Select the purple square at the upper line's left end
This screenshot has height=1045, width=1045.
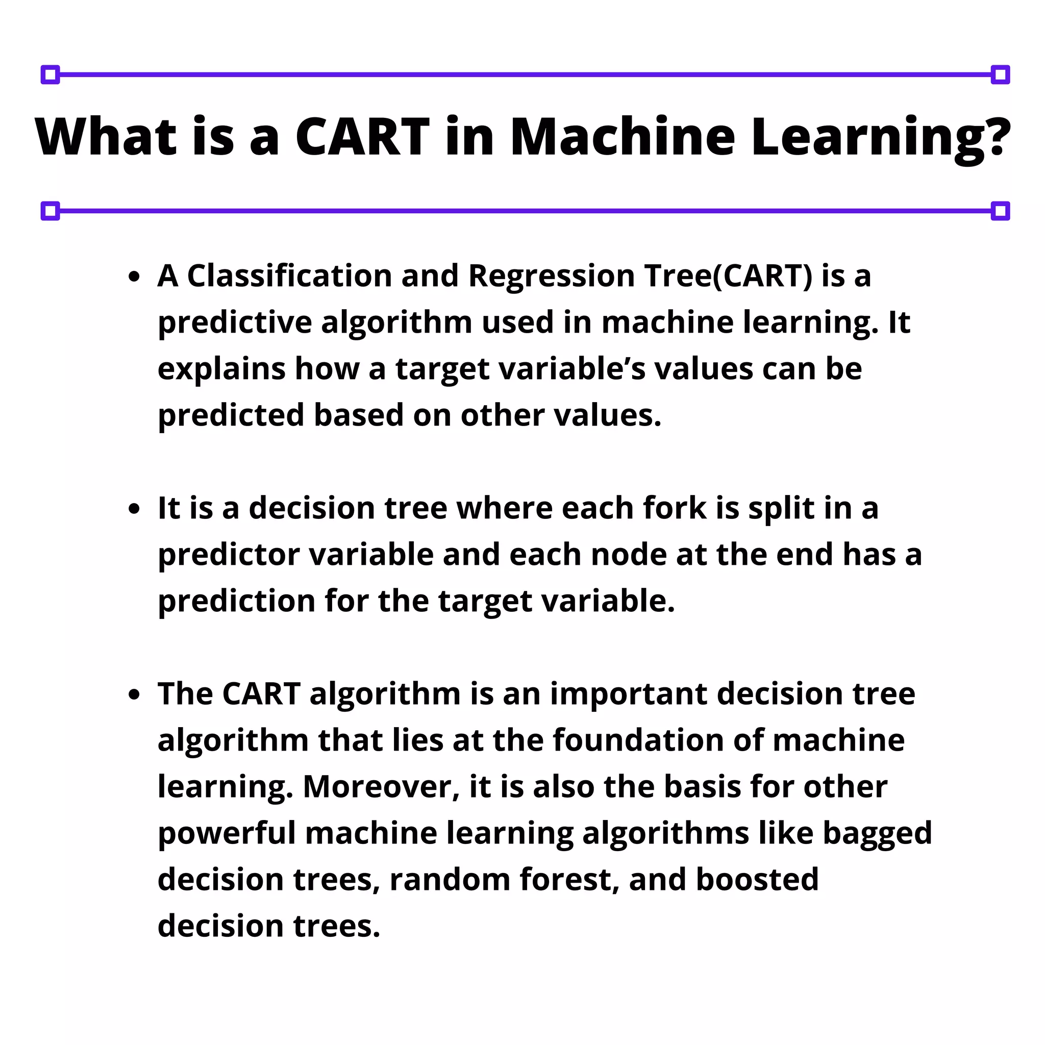51,74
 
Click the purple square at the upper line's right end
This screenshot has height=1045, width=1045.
1000,74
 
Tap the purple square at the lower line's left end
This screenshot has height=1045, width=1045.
51,211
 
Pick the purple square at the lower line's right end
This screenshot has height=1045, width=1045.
1000,211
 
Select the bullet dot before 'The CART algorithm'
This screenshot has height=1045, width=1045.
135,695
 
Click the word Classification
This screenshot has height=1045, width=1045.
289,276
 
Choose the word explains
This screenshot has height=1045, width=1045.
221,370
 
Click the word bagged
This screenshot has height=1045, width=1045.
877,834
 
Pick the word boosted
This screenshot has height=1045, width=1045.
757,880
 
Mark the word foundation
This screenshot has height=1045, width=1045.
638,740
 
